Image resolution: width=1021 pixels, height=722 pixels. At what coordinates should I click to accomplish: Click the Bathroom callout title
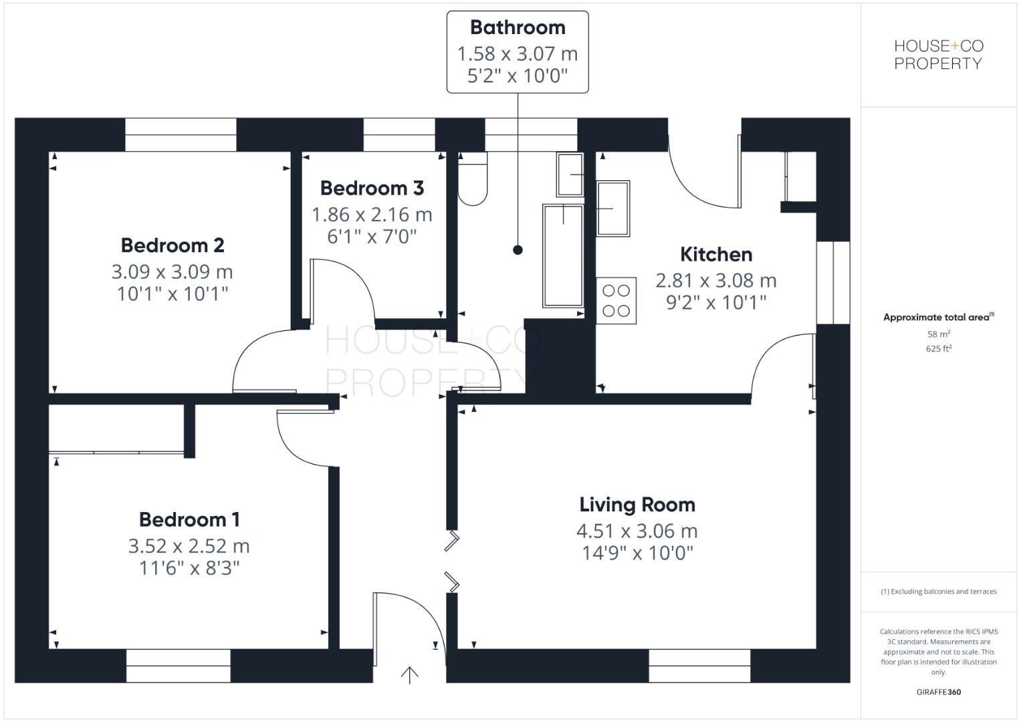tap(518, 27)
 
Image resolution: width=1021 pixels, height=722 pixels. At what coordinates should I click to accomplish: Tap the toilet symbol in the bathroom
tap(473, 179)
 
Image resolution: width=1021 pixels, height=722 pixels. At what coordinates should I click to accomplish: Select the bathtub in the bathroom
tap(562, 256)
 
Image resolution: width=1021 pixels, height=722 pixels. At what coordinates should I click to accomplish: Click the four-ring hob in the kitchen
tap(616, 301)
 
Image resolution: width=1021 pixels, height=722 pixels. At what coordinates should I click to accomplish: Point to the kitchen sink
tap(612, 208)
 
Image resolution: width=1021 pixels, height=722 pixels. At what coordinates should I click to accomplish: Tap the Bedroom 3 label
tap(372, 189)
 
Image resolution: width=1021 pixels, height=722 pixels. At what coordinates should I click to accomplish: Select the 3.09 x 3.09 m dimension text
tap(172, 272)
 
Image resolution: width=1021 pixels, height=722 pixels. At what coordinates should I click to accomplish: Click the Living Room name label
tap(637, 505)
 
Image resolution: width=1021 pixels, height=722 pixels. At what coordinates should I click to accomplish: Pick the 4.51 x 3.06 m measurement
tap(637, 531)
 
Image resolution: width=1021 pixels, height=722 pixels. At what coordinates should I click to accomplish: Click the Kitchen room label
tap(715, 255)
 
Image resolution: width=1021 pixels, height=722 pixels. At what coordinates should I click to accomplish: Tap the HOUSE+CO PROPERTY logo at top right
tap(939, 55)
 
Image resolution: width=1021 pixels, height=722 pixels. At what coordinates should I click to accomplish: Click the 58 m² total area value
tap(939, 334)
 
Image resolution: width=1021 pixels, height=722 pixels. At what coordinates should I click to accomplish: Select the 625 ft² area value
tap(939, 348)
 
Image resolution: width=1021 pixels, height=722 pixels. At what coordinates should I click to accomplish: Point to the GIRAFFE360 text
tap(939, 692)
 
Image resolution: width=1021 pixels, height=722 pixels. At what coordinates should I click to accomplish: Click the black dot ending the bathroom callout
tap(518, 250)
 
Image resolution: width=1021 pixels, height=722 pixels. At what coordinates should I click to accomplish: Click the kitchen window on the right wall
tap(833, 282)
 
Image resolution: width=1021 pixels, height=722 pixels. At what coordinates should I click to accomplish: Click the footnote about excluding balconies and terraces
tap(939, 592)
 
